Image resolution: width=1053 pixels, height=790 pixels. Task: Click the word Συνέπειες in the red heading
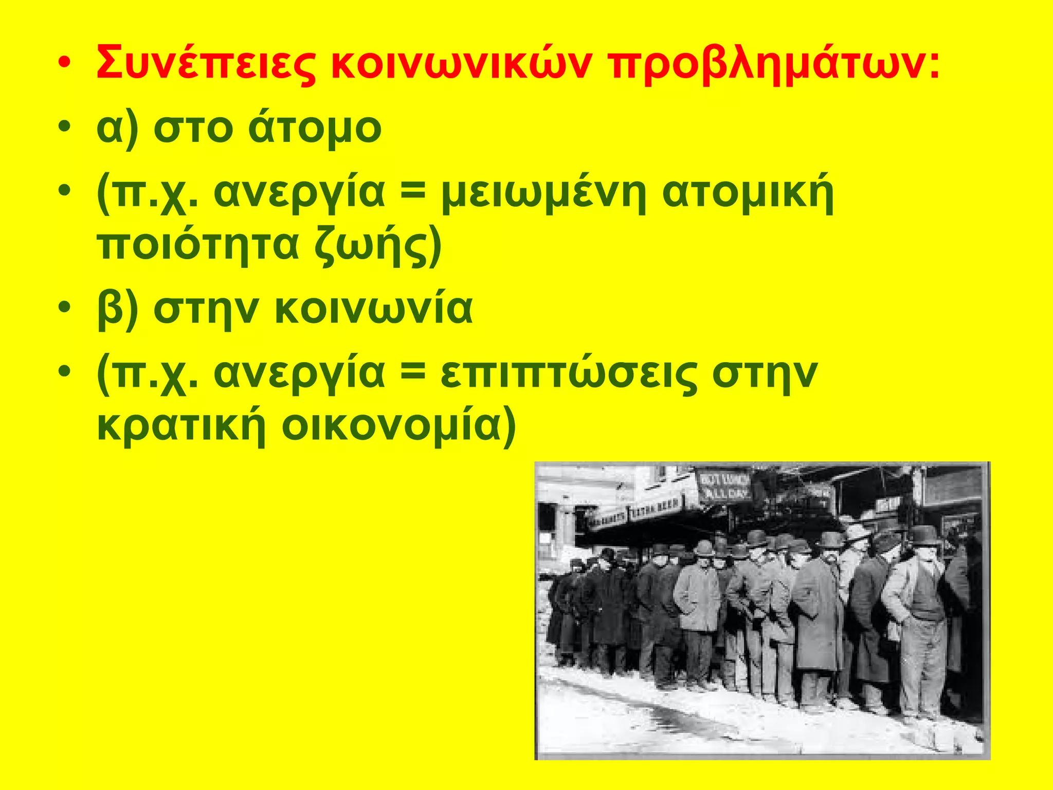point(206,64)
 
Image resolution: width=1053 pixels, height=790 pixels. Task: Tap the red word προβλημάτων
point(771,64)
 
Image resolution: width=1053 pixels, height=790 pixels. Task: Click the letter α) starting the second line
point(117,129)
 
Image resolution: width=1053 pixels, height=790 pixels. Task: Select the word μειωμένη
point(543,193)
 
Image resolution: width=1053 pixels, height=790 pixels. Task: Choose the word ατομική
point(748,193)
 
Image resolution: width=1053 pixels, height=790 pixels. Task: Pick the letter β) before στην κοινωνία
point(117,310)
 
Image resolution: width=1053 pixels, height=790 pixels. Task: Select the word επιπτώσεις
point(568,374)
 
